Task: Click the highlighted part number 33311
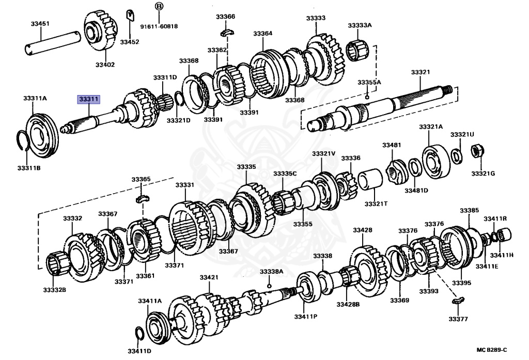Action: tap(89, 99)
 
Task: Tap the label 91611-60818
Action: tap(159, 25)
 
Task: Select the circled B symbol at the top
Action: tap(159, 7)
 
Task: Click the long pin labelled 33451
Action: tap(53, 42)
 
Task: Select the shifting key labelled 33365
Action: tap(142, 198)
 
